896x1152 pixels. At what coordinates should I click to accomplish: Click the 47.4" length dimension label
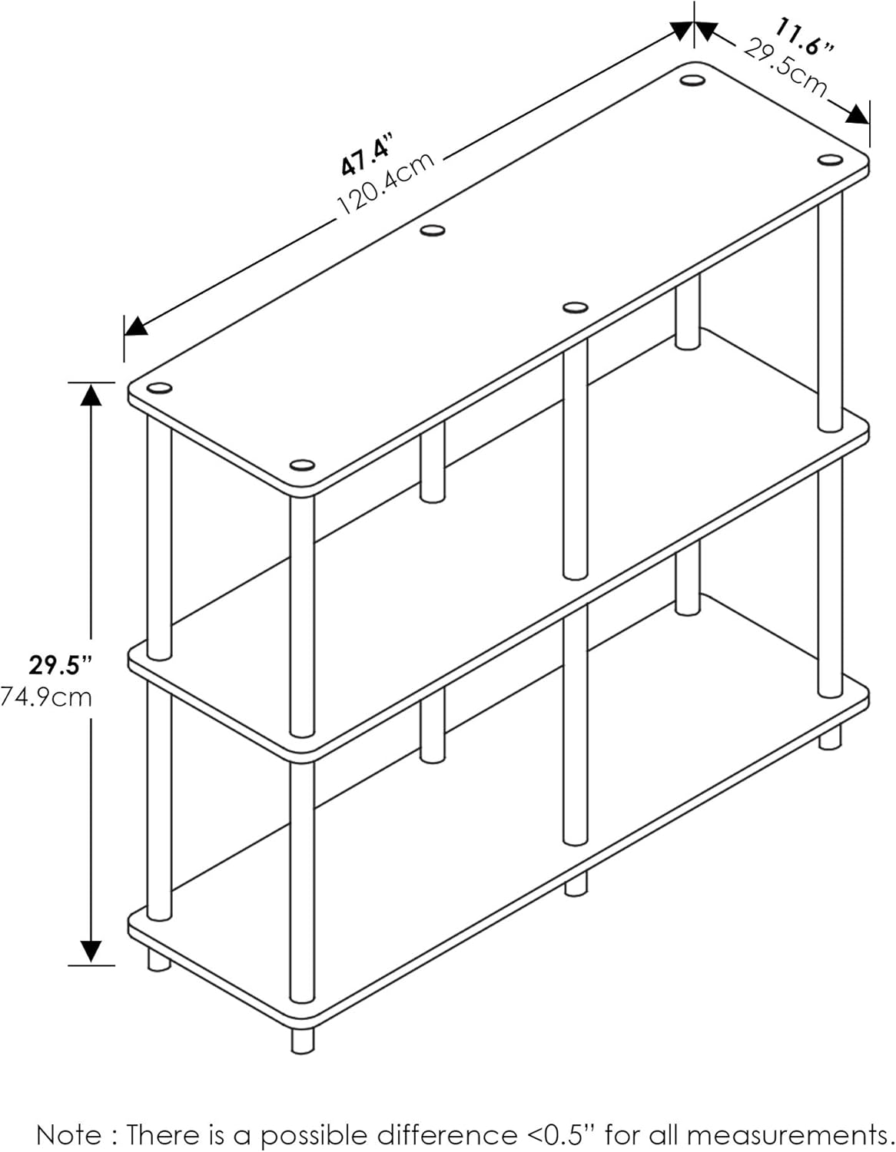point(367,154)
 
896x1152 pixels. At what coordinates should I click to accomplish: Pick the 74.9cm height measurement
point(46,697)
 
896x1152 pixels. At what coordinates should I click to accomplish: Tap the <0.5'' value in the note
point(561,1134)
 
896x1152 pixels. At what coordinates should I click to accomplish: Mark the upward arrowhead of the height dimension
point(91,394)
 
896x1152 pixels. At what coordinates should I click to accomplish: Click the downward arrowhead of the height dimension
point(91,952)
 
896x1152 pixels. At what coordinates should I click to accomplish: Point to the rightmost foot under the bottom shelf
point(829,739)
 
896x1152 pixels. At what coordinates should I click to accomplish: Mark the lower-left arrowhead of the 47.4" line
point(136,326)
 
